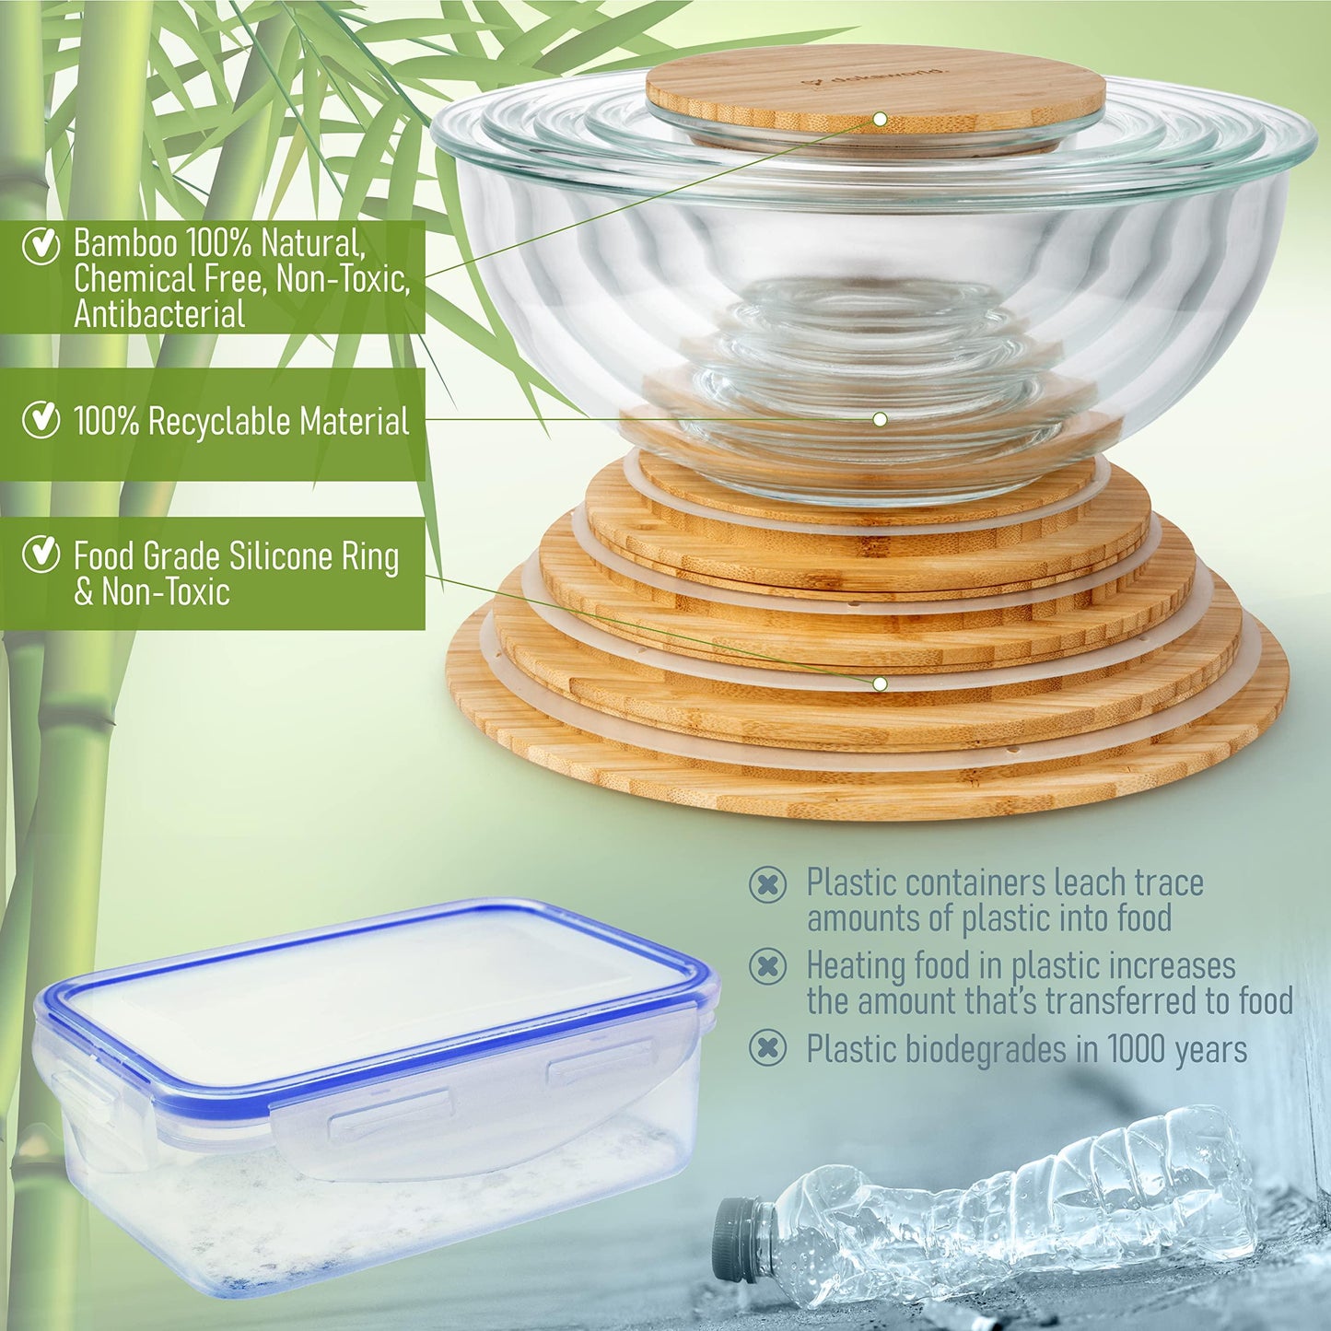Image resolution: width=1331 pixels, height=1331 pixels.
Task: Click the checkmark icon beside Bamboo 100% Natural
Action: [x=40, y=245]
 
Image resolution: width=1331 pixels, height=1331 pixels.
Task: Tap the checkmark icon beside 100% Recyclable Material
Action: [x=40, y=419]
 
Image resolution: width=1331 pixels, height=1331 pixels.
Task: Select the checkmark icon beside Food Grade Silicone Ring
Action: [x=40, y=555]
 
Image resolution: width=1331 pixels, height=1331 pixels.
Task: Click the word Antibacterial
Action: [x=159, y=315]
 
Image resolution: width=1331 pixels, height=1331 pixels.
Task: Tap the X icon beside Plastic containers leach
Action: [x=767, y=884]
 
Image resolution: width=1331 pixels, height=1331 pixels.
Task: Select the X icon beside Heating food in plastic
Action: [x=767, y=966]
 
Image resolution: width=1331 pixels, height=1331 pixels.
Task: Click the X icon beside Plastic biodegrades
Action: [x=767, y=1048]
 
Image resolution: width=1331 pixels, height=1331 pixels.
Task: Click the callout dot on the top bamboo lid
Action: [x=880, y=119]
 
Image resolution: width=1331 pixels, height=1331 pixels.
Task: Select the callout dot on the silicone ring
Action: [x=880, y=683]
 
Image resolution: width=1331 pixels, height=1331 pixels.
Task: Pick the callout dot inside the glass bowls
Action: [x=880, y=419]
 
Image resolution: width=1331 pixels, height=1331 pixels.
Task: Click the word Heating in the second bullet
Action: [x=857, y=966]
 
